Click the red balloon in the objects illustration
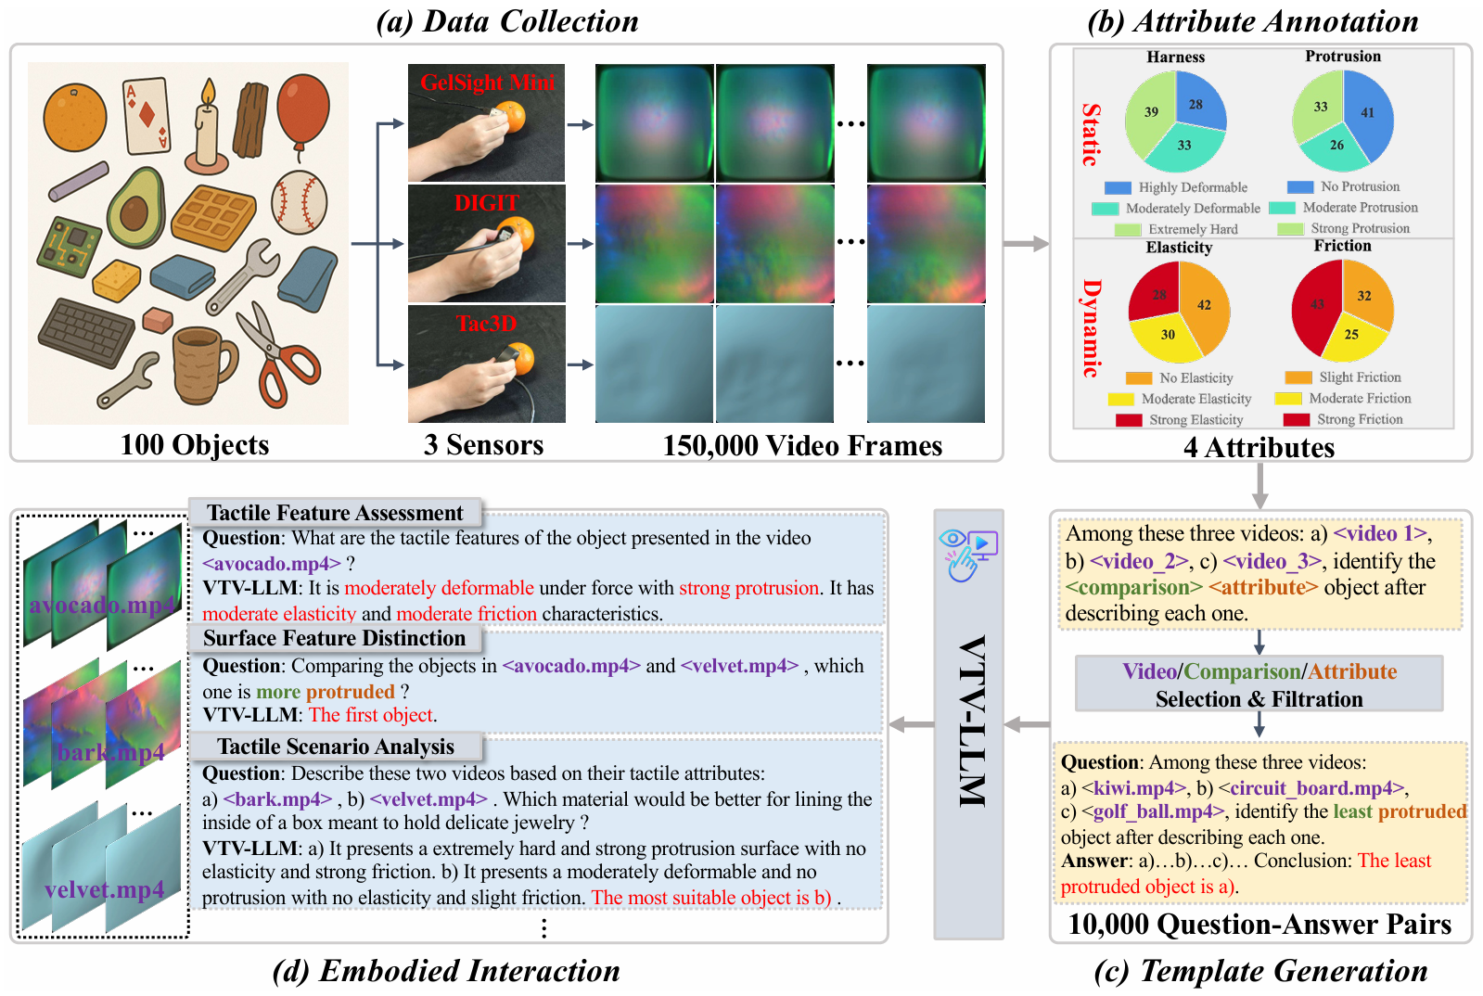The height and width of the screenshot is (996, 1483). (x=302, y=109)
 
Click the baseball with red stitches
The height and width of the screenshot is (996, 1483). (x=300, y=202)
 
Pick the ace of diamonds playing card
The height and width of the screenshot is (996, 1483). (x=147, y=115)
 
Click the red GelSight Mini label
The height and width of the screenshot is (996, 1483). (x=487, y=82)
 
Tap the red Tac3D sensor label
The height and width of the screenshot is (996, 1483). (x=487, y=323)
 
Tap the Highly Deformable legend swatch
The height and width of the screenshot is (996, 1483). (x=1118, y=187)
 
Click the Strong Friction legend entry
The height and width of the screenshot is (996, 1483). (x=1343, y=419)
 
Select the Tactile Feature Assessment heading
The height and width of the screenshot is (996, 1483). (x=335, y=513)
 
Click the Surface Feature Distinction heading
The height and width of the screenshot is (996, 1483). (x=334, y=638)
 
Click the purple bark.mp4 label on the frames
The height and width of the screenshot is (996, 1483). (x=111, y=752)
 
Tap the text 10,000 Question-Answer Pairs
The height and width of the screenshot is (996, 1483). (x=1259, y=924)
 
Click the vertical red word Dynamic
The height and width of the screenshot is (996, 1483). (x=1092, y=328)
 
